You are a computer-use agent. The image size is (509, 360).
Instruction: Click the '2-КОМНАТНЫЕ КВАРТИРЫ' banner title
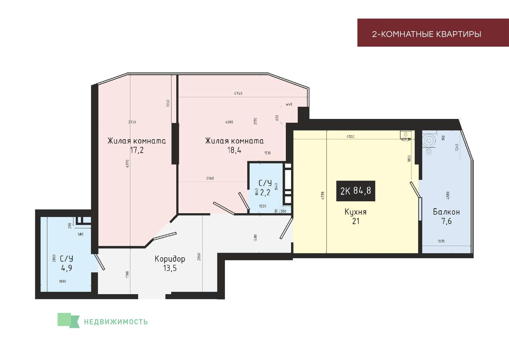[x=426, y=34]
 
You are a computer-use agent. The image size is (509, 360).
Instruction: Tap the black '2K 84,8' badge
[x=356, y=191]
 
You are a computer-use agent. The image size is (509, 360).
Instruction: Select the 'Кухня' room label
[x=356, y=212]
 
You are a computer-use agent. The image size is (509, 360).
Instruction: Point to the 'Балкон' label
[x=446, y=212]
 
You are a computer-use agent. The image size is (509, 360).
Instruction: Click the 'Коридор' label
[x=170, y=259]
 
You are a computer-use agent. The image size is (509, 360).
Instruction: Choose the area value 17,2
[x=137, y=150]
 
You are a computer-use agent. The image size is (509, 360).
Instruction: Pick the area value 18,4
[x=234, y=150]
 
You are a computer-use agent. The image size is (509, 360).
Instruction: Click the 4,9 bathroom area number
[x=66, y=268]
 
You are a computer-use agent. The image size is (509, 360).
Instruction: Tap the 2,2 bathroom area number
[x=265, y=193]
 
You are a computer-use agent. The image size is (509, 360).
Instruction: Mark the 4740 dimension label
[x=238, y=93]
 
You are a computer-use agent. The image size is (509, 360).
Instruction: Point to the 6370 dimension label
[x=127, y=163]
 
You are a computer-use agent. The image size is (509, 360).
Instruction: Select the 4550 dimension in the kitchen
[x=350, y=136]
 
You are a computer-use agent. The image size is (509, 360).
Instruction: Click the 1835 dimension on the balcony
[x=441, y=241]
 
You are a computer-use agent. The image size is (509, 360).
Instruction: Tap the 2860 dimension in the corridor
[x=199, y=256]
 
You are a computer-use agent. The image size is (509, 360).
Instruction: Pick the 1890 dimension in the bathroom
[x=62, y=281]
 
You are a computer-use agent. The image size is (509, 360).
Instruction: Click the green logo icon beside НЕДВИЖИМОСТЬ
[x=68, y=321]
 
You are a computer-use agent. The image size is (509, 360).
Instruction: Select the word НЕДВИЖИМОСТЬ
[x=116, y=322]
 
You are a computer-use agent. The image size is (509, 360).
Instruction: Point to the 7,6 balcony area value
[x=447, y=221]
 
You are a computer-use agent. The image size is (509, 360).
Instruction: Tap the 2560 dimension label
[x=210, y=178]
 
